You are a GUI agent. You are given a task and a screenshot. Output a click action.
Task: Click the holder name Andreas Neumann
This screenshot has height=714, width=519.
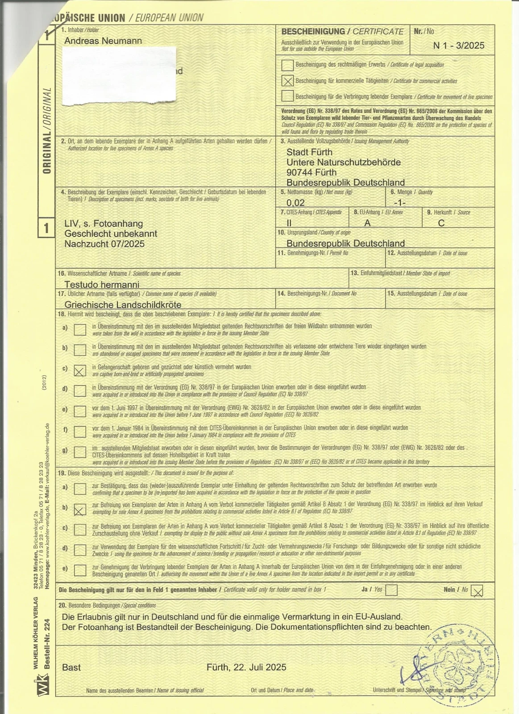coord(103,41)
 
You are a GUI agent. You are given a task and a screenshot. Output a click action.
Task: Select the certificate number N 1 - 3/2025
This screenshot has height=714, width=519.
coord(458,46)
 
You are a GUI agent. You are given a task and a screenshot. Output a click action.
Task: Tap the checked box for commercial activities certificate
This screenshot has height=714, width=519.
coord(288,81)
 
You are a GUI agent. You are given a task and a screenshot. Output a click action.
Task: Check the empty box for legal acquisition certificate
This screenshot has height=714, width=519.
coord(288,65)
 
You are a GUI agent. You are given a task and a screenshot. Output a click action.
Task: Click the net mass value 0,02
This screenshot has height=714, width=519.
coord(295,203)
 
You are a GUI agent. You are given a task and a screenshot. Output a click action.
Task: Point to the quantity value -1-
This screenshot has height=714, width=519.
coord(400,203)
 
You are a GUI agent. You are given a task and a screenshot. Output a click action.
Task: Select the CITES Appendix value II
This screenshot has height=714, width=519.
coord(289,223)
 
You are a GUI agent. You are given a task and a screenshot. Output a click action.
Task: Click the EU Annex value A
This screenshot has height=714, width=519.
coord(367,223)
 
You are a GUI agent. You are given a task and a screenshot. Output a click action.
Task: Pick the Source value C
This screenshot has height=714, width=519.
coord(441,223)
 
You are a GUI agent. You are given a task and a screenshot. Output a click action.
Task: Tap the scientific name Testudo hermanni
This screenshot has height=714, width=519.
coord(102,284)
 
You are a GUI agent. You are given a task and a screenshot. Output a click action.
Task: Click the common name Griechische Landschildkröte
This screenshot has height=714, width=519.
coord(123,305)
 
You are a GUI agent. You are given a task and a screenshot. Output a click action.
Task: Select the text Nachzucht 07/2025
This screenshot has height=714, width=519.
coord(104,244)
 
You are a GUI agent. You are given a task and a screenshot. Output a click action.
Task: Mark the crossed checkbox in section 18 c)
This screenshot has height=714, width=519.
coord(80,370)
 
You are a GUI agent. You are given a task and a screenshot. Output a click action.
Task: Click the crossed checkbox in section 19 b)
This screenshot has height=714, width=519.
coord(80,509)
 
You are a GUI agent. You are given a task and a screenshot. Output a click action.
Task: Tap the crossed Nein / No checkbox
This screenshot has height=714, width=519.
coord(477,591)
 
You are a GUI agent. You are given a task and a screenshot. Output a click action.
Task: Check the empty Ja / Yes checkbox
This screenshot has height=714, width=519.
coord(391,590)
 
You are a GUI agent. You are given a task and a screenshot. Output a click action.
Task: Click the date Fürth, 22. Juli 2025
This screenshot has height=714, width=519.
coord(246,667)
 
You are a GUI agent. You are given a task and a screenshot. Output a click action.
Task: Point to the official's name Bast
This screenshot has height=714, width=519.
coord(71,668)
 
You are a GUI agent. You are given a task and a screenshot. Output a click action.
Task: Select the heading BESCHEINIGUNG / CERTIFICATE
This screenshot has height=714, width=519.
coord(342,32)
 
